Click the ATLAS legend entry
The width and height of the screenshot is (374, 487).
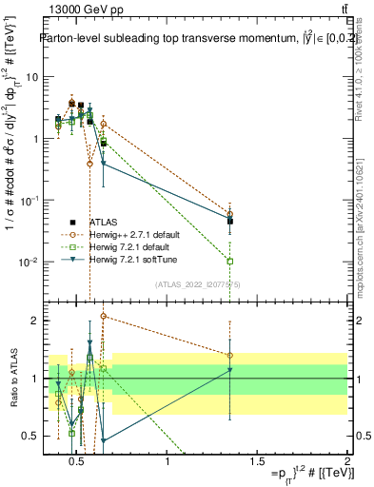[x=104, y=221]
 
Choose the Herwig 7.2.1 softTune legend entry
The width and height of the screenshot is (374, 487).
[x=128, y=259]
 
